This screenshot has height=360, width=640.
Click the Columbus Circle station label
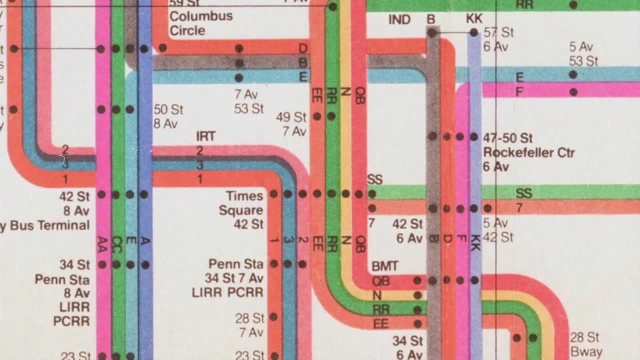coord(201,23)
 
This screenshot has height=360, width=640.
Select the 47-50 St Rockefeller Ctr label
coord(529,152)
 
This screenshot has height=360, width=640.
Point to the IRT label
coord(206,136)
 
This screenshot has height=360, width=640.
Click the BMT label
coord(385,266)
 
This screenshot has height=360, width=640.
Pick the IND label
coord(399,20)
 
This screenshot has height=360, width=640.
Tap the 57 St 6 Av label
coord(499,40)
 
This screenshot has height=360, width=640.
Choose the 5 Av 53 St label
coord(583,54)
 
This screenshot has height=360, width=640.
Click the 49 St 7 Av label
coord(291,124)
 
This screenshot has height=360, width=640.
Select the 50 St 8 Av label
coord(168,117)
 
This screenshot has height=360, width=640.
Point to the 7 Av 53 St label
coord(249,102)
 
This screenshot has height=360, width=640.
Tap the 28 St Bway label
coord(586,345)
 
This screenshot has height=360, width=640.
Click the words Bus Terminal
coord(50,226)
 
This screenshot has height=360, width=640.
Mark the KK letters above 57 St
coord(474,19)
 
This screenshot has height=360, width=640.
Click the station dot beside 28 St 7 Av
coord(273,317)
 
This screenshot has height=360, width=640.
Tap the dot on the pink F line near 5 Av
coord(573,92)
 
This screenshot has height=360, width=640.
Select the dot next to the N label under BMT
coord(417,295)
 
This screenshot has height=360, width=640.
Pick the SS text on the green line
coord(524,193)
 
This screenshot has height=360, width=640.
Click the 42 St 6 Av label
coord(407,231)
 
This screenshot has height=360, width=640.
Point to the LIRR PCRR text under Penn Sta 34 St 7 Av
coord(227,292)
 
